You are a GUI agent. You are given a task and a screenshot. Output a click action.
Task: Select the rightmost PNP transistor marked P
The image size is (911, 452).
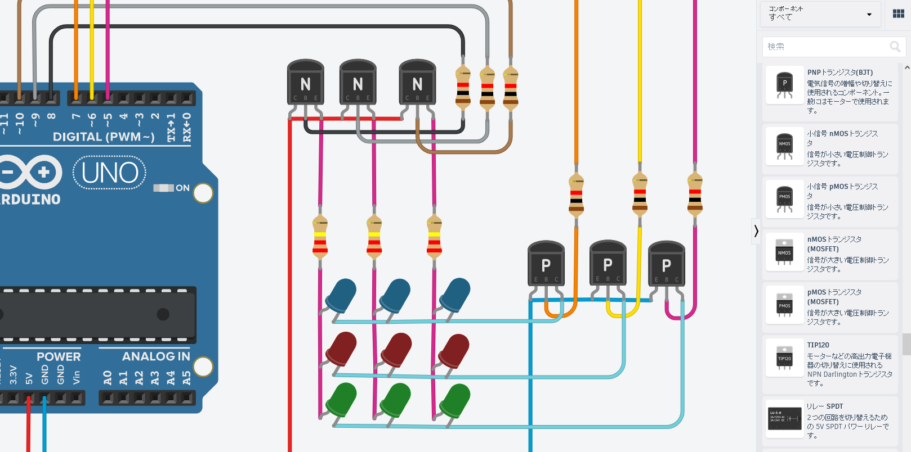click(667, 264)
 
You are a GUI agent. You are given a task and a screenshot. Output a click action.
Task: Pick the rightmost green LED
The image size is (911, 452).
click(455, 399)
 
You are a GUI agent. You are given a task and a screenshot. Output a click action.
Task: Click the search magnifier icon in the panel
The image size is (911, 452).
click(895, 47)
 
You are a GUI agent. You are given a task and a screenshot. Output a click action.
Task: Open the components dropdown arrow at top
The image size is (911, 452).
click(869, 15)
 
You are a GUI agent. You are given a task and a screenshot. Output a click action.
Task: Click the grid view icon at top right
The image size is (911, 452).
click(899, 13)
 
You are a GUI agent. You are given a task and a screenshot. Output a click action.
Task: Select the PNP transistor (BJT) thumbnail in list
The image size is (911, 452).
click(784, 85)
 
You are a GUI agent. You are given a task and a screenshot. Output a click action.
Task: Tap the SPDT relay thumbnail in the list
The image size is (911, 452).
click(784, 418)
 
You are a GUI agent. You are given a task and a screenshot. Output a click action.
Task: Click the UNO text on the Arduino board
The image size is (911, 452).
click(110, 173)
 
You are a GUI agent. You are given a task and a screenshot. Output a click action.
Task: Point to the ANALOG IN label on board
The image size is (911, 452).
click(156, 356)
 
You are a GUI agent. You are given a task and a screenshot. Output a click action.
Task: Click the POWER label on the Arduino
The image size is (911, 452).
click(59, 356)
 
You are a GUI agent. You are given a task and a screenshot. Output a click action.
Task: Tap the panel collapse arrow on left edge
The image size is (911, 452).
click(756, 231)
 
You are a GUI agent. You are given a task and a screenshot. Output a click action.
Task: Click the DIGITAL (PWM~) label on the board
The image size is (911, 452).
click(104, 137)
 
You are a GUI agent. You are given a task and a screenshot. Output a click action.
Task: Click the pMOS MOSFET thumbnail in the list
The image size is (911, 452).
click(784, 304)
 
